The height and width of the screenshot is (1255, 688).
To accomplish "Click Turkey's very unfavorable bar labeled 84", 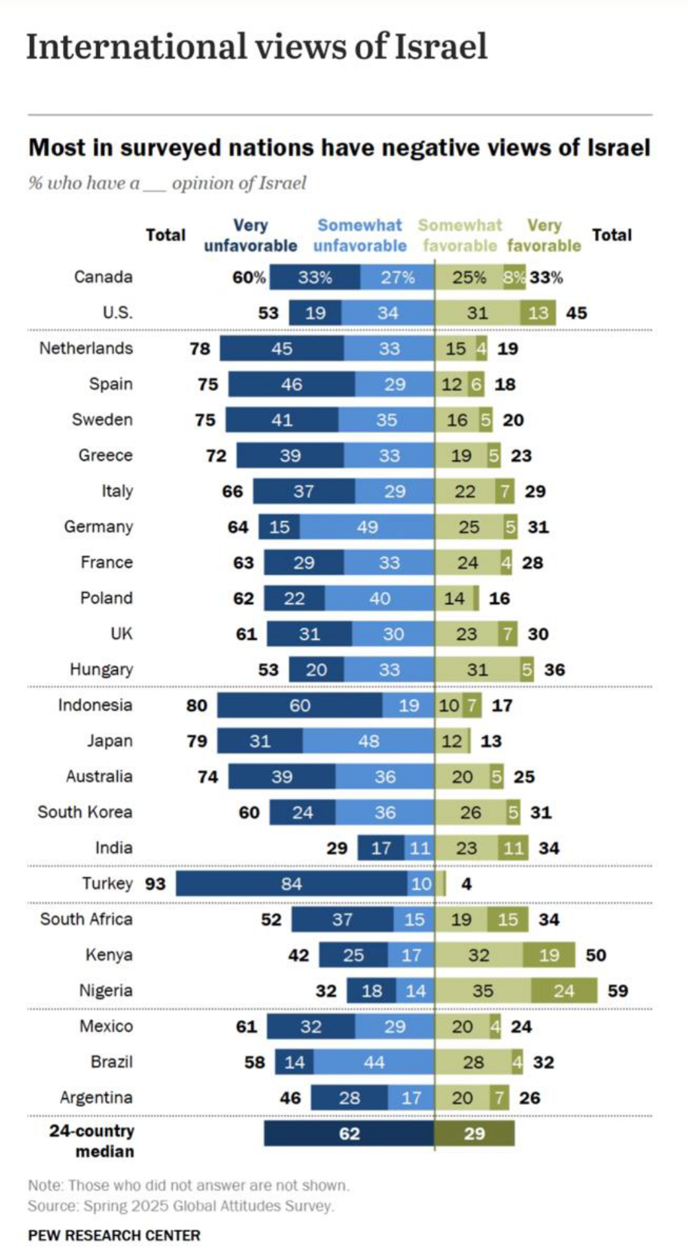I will point(292,884).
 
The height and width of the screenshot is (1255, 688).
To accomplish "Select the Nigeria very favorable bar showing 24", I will point(564,991).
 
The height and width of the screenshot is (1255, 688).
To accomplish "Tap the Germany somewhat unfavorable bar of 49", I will point(367,527).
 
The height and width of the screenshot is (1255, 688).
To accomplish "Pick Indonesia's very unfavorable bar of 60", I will point(299,705).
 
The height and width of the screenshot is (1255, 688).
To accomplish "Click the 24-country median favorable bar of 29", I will point(475,1133).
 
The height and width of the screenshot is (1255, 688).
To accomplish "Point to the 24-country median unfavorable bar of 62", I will point(349,1133).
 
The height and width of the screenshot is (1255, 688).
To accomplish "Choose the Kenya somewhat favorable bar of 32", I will point(479,955).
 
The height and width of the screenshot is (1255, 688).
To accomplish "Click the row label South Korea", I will point(85,812).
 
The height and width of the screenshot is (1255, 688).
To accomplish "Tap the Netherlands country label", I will point(86,348).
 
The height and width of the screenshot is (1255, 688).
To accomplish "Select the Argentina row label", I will point(96,1098).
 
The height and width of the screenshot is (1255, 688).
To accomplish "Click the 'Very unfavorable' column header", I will point(250,236).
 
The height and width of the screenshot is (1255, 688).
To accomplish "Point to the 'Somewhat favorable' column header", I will point(460,236).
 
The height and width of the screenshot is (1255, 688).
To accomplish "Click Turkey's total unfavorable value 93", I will point(155,884).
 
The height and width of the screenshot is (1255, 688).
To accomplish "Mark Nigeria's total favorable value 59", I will point(618,991).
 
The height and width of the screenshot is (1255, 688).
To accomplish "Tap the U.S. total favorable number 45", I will point(577,313).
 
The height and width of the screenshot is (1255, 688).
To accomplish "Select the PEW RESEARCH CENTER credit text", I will point(114,1235).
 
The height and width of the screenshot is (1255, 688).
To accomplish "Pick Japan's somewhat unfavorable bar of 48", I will point(368,741).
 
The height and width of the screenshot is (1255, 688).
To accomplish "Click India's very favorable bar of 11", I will point(513,848).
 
